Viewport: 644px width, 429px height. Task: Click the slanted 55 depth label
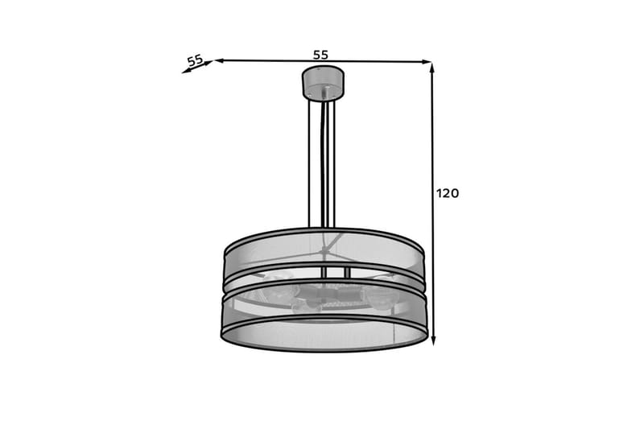coord(195,60)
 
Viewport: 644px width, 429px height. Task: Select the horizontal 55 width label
coord(320,55)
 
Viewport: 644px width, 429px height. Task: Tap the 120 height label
coord(447,193)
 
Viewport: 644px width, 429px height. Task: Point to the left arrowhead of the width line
coord(218,60)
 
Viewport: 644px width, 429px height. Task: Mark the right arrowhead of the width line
coord(428,61)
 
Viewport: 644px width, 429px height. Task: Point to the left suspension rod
coord(310,161)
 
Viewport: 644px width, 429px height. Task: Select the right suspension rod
coord(335,161)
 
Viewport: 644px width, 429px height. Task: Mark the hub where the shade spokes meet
coord(324,252)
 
